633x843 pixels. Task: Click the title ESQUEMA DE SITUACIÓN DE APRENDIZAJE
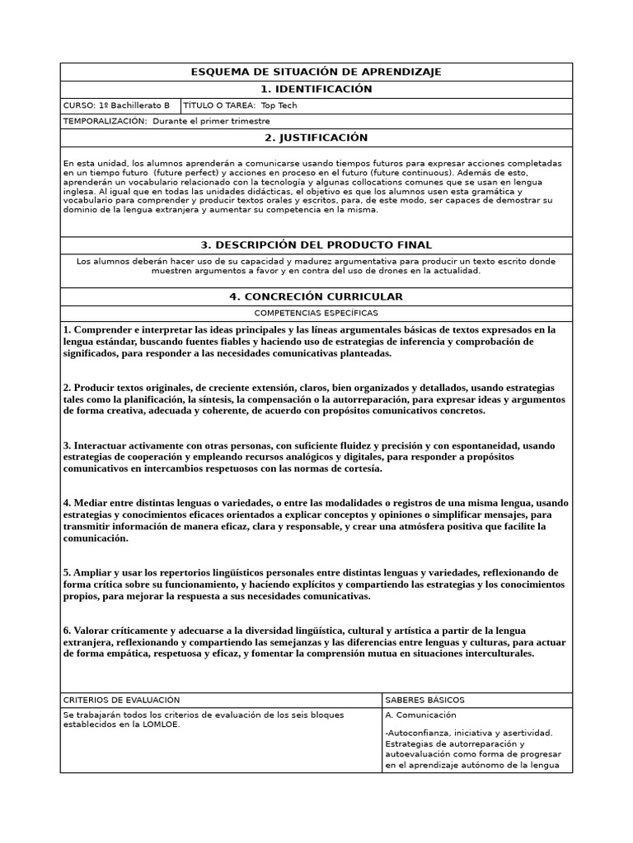coord(316,72)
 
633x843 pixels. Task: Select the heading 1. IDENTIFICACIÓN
coord(316,89)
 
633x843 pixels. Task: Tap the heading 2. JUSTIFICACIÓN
coord(316,137)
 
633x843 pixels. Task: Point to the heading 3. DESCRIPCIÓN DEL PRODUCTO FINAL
coord(316,245)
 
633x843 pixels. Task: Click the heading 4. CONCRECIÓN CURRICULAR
coord(316,296)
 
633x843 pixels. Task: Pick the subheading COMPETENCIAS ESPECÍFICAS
coord(316,314)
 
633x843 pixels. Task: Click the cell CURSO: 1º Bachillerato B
coord(116,106)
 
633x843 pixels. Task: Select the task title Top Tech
coord(279,106)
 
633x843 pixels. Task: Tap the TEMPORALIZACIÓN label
coord(105,121)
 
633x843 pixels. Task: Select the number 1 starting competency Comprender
coord(66,330)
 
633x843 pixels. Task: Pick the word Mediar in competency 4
coord(89,503)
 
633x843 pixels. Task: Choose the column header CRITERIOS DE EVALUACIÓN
coord(121,700)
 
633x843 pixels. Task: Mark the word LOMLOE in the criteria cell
coord(162,725)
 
